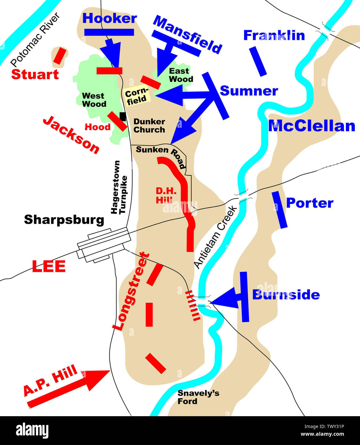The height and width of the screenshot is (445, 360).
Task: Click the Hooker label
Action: click(110, 18)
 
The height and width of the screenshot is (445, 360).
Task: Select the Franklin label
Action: click(274, 35)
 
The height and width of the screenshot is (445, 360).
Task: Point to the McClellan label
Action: click(312, 126)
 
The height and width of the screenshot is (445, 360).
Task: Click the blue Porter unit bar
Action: click(280, 210)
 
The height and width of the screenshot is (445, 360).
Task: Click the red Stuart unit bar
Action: click(60, 56)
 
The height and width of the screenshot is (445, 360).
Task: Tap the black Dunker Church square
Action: click(122, 116)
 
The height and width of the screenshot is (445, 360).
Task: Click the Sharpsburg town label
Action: click(64, 220)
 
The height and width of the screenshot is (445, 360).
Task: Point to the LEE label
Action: click(49, 266)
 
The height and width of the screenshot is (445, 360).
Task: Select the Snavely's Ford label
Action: click(198, 397)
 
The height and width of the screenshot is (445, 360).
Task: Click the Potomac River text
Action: click(35, 39)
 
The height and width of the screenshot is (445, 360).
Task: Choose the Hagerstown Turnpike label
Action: click(119, 187)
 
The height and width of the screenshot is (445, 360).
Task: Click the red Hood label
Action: click(97, 127)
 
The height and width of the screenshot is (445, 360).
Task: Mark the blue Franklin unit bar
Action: click(258, 61)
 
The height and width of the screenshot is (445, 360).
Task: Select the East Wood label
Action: click(181, 75)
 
